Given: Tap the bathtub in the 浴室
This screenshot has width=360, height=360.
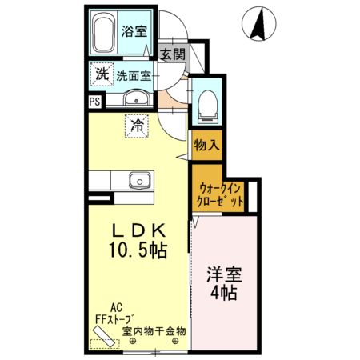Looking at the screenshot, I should tap(103, 34).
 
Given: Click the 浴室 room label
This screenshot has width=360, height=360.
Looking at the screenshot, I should tap(134, 32).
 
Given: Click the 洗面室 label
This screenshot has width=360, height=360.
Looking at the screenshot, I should tap(134, 78).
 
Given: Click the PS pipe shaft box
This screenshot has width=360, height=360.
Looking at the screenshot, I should tap(94, 102).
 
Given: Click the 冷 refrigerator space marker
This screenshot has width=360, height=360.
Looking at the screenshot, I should tap(137, 126).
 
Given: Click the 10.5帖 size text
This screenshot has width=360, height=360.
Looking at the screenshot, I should tap(138, 250).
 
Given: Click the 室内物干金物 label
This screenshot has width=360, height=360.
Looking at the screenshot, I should tap(154, 330).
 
